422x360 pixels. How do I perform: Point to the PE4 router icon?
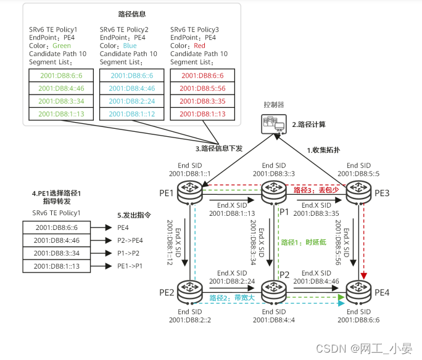pyautogui.click(x=358, y=290)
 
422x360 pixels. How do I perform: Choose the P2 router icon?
pyautogui.click(x=272, y=290)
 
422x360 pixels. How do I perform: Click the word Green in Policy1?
pyautogui.click(x=62, y=45)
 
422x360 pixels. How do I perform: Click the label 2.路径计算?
pyautogui.click(x=308, y=124)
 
